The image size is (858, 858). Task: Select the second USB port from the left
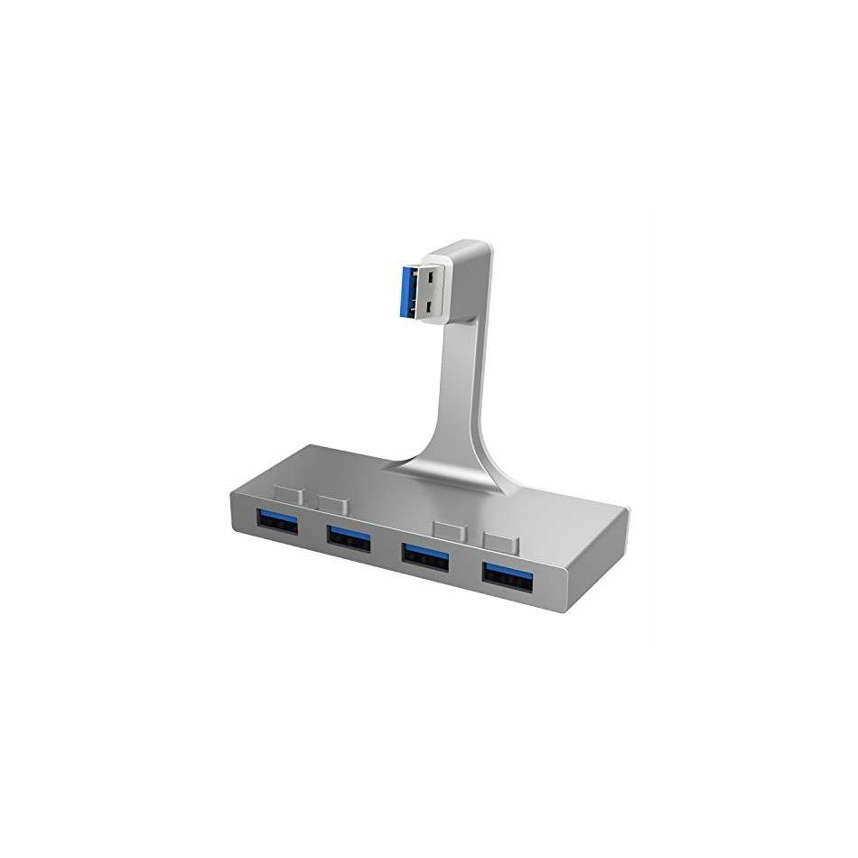tap(349, 537)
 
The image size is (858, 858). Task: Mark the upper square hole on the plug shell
tap(431, 273)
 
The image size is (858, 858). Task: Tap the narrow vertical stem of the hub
tap(459, 379)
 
